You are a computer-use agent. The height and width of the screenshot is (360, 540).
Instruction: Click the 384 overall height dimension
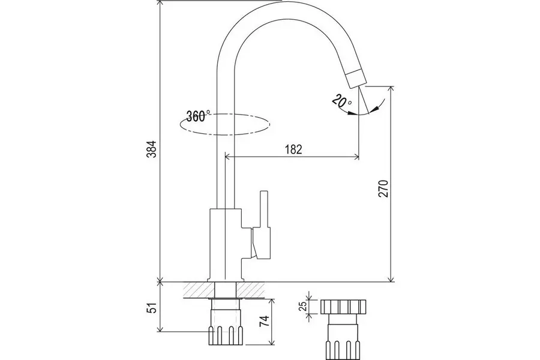pos(152,149)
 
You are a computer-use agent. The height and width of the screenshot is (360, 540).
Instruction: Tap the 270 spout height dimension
pos(383,188)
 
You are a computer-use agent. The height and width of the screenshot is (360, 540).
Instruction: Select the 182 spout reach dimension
pos(293,149)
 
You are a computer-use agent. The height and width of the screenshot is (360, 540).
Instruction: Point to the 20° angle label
pos(341,101)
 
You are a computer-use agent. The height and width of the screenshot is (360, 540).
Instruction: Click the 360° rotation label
pos(199,116)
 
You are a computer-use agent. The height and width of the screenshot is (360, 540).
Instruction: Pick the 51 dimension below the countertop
pos(152,308)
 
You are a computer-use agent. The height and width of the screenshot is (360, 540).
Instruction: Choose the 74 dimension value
pos(263,322)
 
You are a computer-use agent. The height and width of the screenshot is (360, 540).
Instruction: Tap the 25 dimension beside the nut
pos(303,306)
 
